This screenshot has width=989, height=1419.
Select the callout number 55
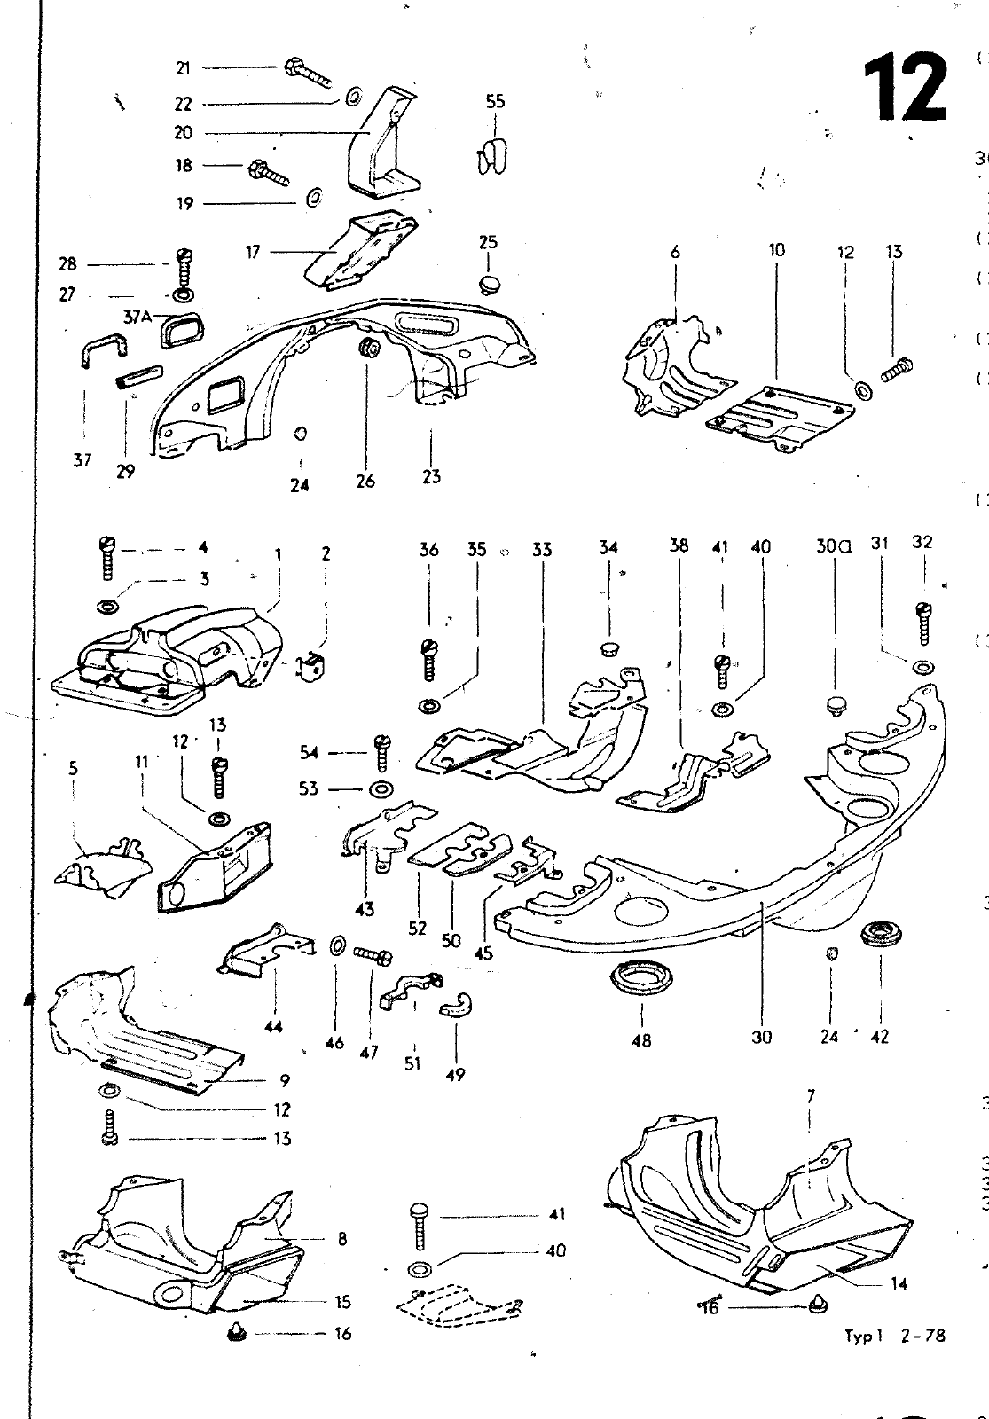coord(495,101)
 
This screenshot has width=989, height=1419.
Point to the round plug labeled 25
coord(488,284)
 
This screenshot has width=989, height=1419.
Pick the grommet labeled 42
coord(880,936)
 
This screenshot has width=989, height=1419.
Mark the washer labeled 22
coord(352,95)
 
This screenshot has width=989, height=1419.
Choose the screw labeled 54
coord(381,752)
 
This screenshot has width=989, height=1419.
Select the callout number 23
coord(431,476)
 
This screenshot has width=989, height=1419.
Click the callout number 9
coord(284,1081)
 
